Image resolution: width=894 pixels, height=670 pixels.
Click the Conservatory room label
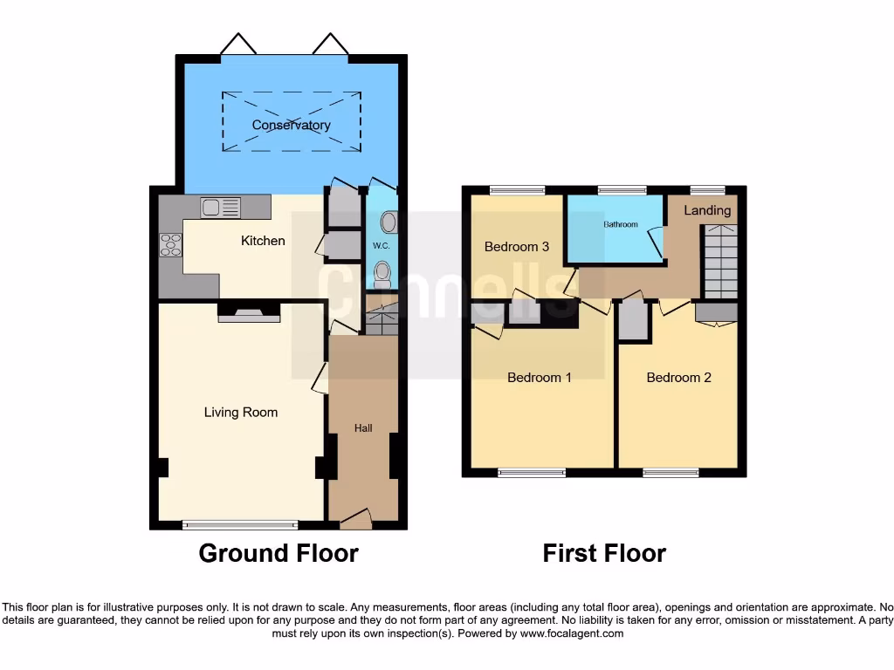291,125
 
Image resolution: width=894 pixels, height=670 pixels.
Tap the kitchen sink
220,208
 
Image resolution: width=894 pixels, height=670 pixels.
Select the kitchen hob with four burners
170,244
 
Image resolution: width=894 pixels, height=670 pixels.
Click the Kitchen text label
263,240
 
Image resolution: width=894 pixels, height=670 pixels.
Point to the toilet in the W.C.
382,276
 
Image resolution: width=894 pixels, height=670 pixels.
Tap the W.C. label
381,246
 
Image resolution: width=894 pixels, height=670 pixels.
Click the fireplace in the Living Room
249,314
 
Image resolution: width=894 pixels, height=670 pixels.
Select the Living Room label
241,412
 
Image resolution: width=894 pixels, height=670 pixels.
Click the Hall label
363,427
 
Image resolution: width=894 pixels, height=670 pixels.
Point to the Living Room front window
240,525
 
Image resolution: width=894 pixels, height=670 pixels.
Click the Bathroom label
621,224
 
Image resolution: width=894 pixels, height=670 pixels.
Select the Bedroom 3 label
517,247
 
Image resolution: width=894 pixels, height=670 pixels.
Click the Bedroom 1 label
540,378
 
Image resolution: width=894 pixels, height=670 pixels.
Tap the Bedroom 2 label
678,378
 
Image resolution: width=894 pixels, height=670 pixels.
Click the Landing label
707,210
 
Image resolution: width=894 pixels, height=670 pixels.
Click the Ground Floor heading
279,553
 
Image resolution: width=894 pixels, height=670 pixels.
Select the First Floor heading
604,553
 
